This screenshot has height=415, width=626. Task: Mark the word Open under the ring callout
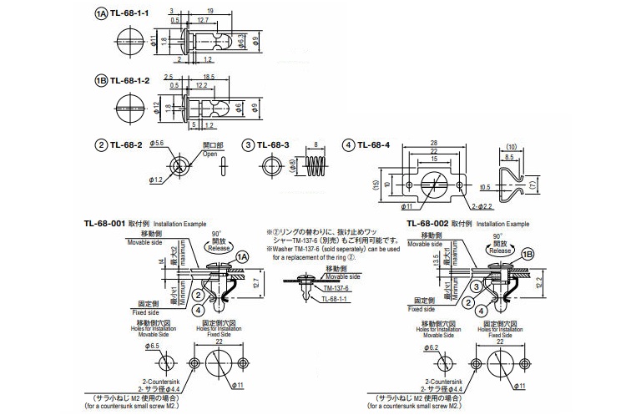pyautogui.click(x=210, y=154)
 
